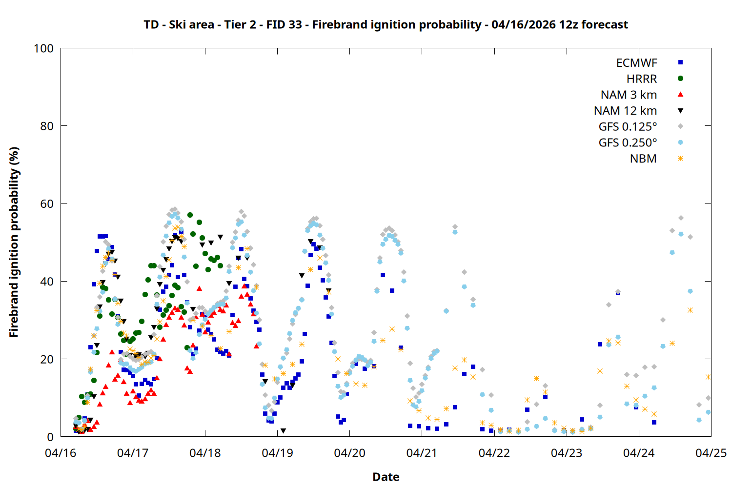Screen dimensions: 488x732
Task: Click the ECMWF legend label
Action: tap(636, 63)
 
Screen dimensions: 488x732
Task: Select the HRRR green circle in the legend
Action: tap(680, 79)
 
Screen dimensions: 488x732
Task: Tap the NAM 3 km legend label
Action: tap(629, 95)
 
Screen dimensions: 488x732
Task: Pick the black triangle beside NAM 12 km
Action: tap(680, 111)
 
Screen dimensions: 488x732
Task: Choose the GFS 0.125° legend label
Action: tap(628, 127)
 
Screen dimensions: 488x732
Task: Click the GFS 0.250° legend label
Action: tap(628, 143)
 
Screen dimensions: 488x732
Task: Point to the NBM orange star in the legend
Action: tap(680, 159)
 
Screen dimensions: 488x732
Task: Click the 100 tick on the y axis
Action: tap(43, 49)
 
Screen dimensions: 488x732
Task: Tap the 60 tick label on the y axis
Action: tap(47, 204)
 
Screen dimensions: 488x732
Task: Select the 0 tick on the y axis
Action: tap(50, 437)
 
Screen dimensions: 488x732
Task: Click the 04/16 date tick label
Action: tap(61, 453)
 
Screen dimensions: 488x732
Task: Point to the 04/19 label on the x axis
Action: tap(277, 453)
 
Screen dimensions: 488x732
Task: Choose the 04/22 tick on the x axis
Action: tap(494, 453)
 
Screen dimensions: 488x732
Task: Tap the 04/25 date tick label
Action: tap(711, 453)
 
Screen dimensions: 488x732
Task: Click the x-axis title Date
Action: tap(386, 477)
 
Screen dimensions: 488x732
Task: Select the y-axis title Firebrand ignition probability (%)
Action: tap(14, 243)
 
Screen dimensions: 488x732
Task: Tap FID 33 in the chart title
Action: tap(284, 25)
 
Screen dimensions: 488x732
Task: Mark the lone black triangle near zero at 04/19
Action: tap(283, 431)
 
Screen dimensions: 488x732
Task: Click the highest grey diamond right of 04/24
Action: tap(681, 218)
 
